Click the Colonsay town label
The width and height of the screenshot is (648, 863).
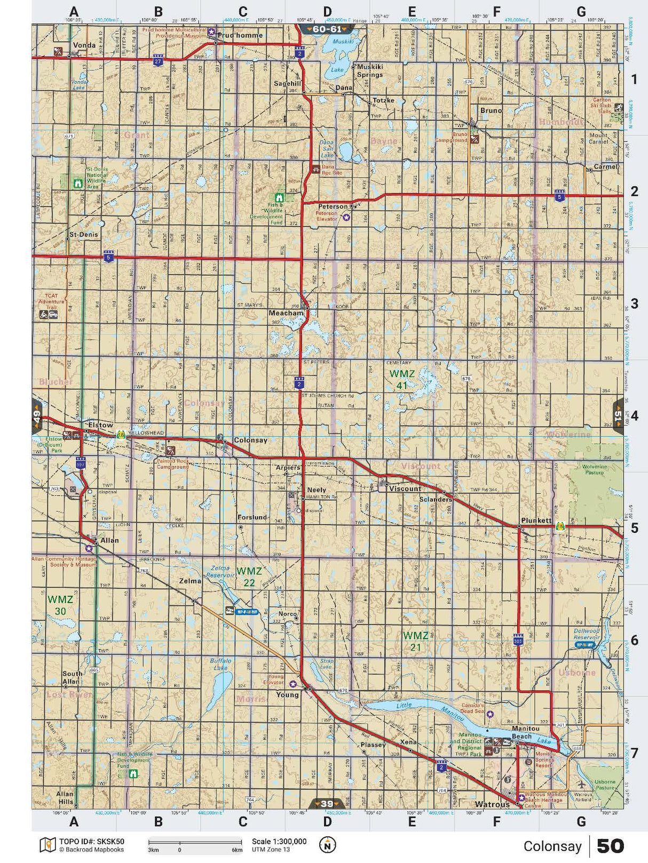tap(250, 441)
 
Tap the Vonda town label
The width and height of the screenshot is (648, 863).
tap(84, 45)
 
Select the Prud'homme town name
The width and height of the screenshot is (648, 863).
tap(240, 35)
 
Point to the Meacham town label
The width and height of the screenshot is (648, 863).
tap(286, 313)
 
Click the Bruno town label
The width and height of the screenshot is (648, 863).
tap(491, 110)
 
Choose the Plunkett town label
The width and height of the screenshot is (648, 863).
tap(536, 520)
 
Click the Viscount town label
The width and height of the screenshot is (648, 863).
tap(405, 489)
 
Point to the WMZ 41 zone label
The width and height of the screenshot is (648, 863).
tap(401, 379)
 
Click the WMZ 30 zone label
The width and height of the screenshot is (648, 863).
tap(60, 604)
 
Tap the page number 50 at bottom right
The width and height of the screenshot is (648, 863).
tap(610, 846)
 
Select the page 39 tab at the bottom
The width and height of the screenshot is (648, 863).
tap(326, 804)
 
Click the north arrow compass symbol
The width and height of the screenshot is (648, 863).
tap(327, 845)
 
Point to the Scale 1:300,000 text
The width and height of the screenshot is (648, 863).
tap(279, 842)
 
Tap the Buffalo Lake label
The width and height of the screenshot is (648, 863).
tap(219, 664)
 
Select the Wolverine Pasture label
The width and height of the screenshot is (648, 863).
tap(594, 469)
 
